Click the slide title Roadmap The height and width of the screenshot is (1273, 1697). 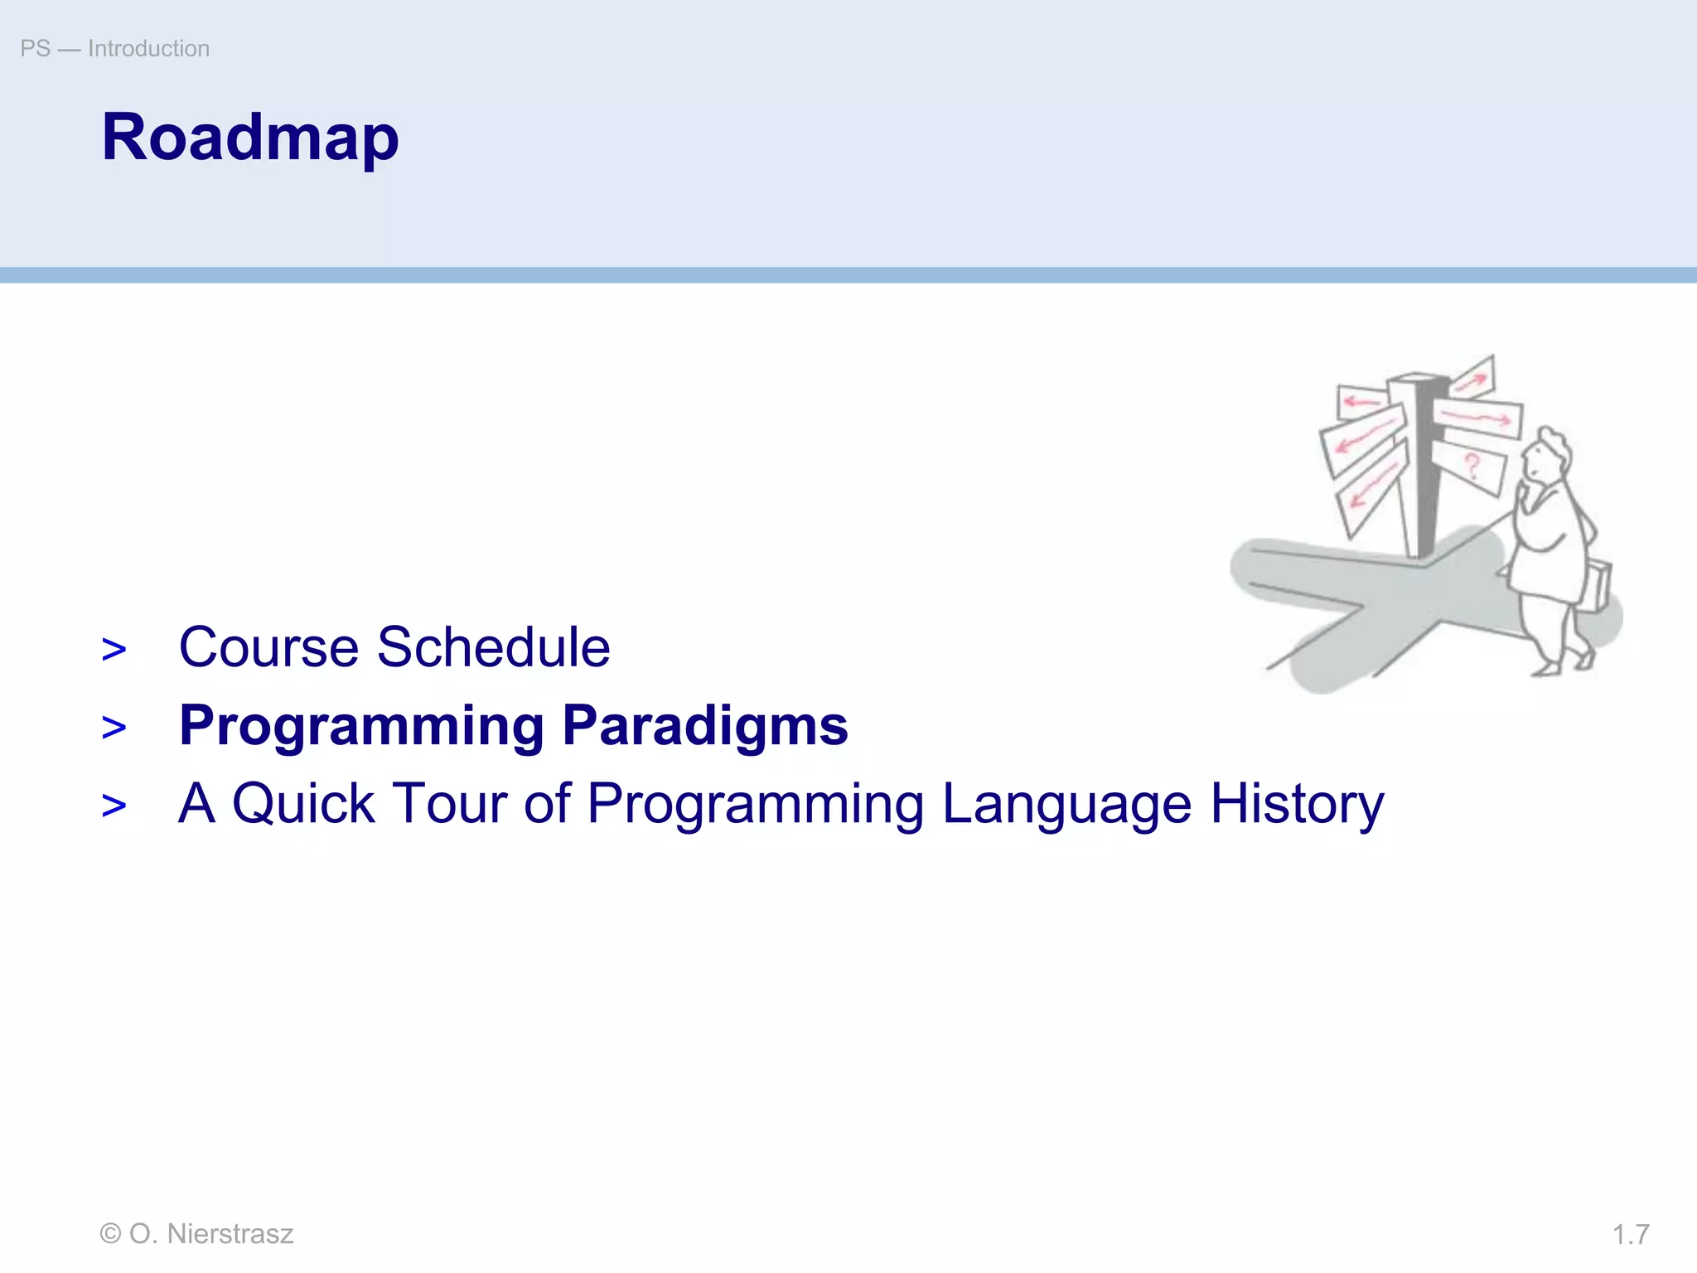(x=249, y=138)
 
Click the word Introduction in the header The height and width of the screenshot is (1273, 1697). (x=148, y=49)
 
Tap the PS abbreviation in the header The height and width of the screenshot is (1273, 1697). (x=35, y=49)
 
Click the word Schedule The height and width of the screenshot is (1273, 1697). (x=493, y=647)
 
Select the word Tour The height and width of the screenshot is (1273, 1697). (x=448, y=804)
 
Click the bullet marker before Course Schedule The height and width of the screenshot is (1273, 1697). (x=114, y=650)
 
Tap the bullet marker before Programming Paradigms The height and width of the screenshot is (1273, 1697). (x=114, y=728)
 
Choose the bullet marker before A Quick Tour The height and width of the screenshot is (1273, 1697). (x=114, y=806)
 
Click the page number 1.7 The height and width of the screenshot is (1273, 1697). (x=1630, y=1235)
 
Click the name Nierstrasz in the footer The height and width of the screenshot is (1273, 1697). (x=230, y=1234)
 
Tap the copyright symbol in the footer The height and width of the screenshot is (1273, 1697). (x=109, y=1234)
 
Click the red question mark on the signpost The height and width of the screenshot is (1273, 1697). (x=1472, y=466)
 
